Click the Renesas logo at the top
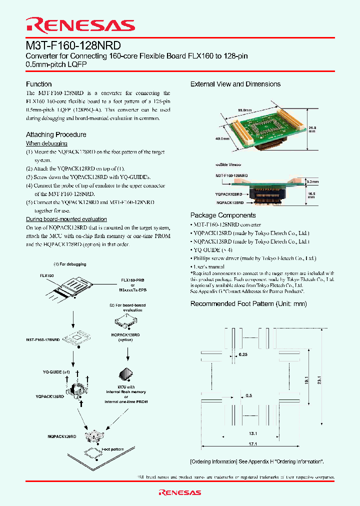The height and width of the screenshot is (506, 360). point(80,25)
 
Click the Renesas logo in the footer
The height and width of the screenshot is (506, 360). point(179,492)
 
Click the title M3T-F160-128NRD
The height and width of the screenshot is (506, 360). point(73,45)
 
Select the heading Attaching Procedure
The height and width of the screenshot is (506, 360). point(56,134)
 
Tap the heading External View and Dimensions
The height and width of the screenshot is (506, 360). point(235,84)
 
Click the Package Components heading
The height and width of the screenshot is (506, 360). point(223,215)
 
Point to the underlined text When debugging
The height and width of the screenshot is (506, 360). point(46,143)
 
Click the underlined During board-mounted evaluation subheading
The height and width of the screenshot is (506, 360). point(66,219)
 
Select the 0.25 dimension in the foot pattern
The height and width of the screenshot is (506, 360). point(244,354)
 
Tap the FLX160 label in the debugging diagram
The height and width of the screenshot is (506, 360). point(46,275)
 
